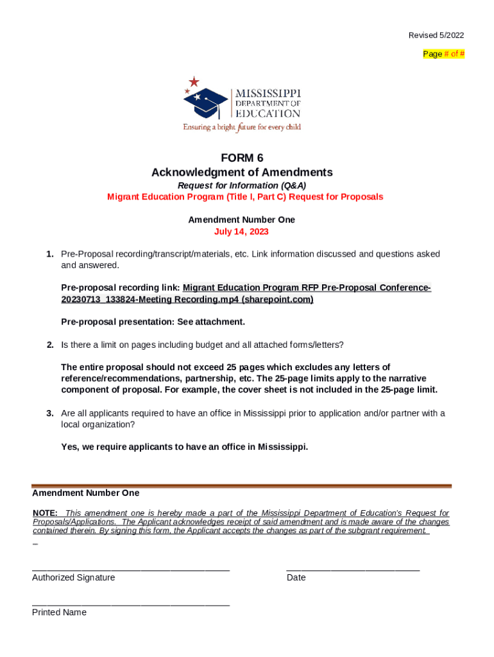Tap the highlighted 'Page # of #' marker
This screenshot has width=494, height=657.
pyautogui.click(x=444, y=54)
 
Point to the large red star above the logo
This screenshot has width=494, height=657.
pyautogui.click(x=194, y=81)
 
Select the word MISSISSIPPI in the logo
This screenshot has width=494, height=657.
pyautogui.click(x=267, y=93)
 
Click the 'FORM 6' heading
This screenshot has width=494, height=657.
pyautogui.click(x=242, y=158)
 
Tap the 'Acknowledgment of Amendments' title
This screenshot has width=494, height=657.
pyautogui.click(x=242, y=173)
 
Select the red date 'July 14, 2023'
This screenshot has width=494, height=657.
pyautogui.click(x=241, y=232)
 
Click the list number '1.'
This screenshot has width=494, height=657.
pyautogui.click(x=49, y=254)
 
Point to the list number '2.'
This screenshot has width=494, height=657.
pyautogui.click(x=49, y=345)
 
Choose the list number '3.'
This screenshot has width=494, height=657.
pyautogui.click(x=49, y=413)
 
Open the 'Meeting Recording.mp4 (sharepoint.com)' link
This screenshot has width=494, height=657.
pyautogui.click(x=187, y=300)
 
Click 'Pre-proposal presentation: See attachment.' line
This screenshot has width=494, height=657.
pyautogui.click(x=153, y=321)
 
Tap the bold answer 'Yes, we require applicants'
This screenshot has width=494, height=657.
pyautogui.click(x=184, y=447)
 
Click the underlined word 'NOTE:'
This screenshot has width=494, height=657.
pyautogui.click(x=45, y=513)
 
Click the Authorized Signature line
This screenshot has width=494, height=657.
pyautogui.click(x=131, y=568)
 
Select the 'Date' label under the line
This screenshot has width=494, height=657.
pyautogui.click(x=296, y=577)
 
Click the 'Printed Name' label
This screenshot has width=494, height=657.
pyautogui.click(x=59, y=612)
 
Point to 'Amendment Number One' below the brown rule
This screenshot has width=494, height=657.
pyautogui.click(x=85, y=493)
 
